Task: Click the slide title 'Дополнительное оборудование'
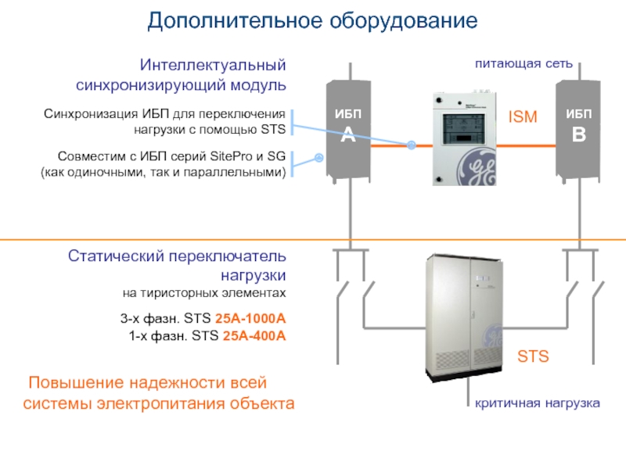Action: (x=312, y=21)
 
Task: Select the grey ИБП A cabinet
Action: (x=348, y=131)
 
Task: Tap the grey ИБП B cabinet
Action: (x=578, y=131)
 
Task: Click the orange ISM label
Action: (x=523, y=116)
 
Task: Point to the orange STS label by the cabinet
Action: (x=533, y=356)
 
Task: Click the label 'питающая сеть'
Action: (x=523, y=64)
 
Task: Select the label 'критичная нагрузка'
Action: (x=538, y=403)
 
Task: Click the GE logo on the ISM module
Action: (x=477, y=166)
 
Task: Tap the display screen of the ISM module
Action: (x=463, y=128)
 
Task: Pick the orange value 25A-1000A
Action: (x=250, y=318)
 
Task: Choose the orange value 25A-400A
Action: (x=254, y=336)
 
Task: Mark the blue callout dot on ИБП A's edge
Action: (x=318, y=158)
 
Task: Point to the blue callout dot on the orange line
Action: (x=412, y=145)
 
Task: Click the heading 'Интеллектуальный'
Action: (x=213, y=65)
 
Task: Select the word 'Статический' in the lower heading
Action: (x=116, y=256)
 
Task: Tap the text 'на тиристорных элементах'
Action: (x=204, y=293)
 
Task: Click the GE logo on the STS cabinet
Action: (x=492, y=336)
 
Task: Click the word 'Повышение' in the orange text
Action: (x=76, y=383)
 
